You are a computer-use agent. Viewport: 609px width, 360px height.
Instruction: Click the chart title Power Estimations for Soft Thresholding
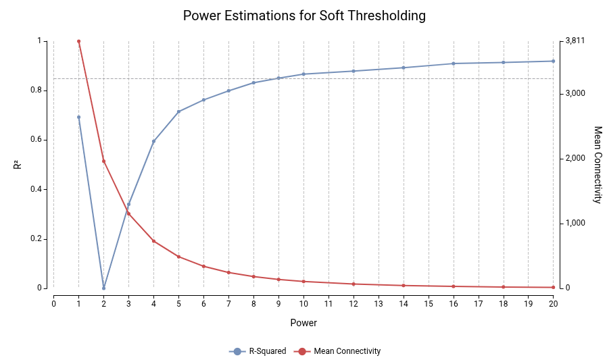pyautogui.click(x=304, y=16)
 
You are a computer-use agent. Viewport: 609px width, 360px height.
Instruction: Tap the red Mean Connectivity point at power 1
pyautogui.click(x=78, y=41)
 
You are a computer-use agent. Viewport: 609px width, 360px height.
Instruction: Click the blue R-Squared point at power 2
pyautogui.click(x=103, y=288)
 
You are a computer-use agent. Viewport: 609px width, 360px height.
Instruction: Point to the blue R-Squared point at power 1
pyautogui.click(x=78, y=117)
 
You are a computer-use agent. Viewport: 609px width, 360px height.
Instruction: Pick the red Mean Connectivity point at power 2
pyautogui.click(x=103, y=161)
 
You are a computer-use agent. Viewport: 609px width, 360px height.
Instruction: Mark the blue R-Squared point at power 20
pyautogui.click(x=553, y=61)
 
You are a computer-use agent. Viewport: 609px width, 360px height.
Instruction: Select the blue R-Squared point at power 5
pyautogui.click(x=178, y=111)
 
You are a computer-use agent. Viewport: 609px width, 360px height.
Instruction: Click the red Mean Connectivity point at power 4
pyautogui.click(x=153, y=241)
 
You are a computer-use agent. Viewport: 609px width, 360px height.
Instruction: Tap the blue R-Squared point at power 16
pyautogui.click(x=454, y=63)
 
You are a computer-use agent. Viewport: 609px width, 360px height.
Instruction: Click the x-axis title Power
pyautogui.click(x=303, y=323)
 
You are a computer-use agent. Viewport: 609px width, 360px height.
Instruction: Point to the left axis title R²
pyautogui.click(x=18, y=165)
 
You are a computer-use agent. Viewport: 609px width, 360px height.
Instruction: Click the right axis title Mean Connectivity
pyautogui.click(x=598, y=165)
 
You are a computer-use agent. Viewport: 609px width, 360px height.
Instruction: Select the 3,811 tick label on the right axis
pyautogui.click(x=575, y=41)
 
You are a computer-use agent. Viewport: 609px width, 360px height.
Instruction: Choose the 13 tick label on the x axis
pyautogui.click(x=379, y=304)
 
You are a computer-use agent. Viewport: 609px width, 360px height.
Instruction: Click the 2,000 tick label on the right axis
pyautogui.click(x=575, y=158)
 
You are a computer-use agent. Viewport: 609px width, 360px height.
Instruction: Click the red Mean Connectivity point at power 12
pyautogui.click(x=354, y=284)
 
